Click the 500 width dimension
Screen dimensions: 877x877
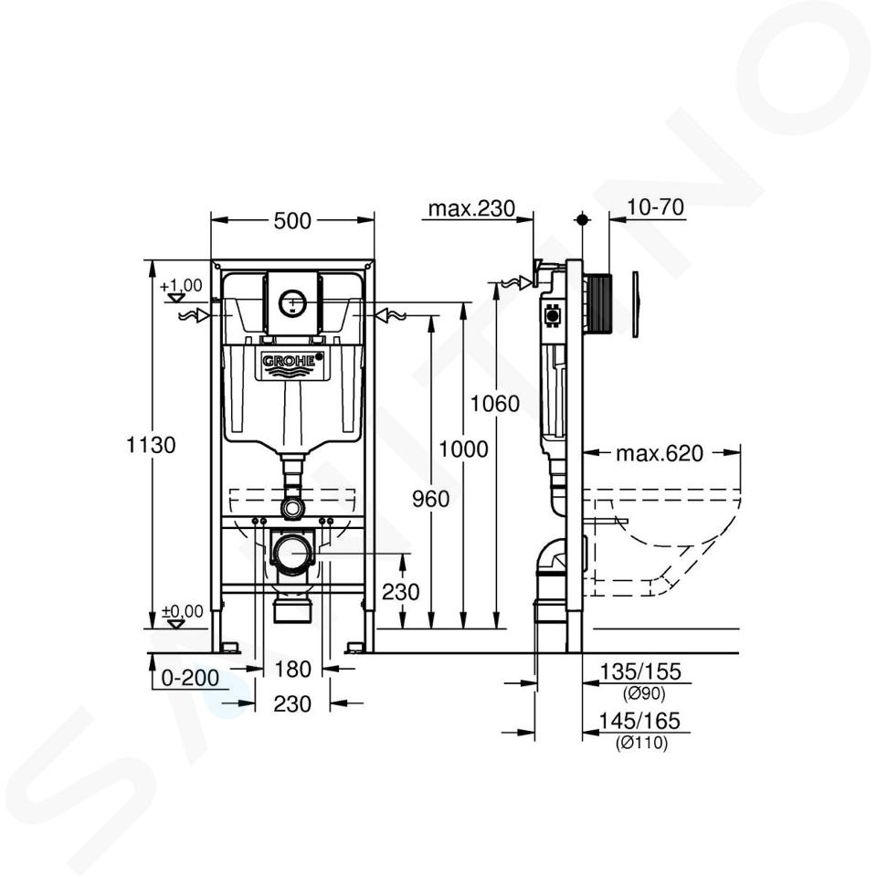click(x=292, y=221)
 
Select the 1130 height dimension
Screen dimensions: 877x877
click(x=151, y=445)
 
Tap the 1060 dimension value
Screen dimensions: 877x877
click(x=494, y=403)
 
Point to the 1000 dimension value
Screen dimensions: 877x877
click(x=463, y=449)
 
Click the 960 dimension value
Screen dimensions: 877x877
click(x=430, y=499)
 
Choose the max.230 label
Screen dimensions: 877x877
click(x=471, y=208)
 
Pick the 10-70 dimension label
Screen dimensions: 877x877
click(x=655, y=207)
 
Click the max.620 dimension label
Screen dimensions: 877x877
click(x=660, y=453)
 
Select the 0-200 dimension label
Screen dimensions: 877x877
click(x=190, y=678)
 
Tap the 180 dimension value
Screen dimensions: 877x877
click(x=293, y=669)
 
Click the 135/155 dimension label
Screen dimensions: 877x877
click(x=640, y=671)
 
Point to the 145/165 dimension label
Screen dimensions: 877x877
click(x=639, y=721)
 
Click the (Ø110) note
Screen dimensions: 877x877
click(x=642, y=744)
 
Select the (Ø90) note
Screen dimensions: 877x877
click(x=644, y=694)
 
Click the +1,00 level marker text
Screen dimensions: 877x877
click(x=181, y=286)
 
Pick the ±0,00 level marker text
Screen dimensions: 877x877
click(x=183, y=611)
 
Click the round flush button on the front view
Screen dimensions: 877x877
click(x=292, y=303)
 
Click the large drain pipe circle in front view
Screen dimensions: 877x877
click(x=292, y=555)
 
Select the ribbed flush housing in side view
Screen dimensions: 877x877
click(x=597, y=302)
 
